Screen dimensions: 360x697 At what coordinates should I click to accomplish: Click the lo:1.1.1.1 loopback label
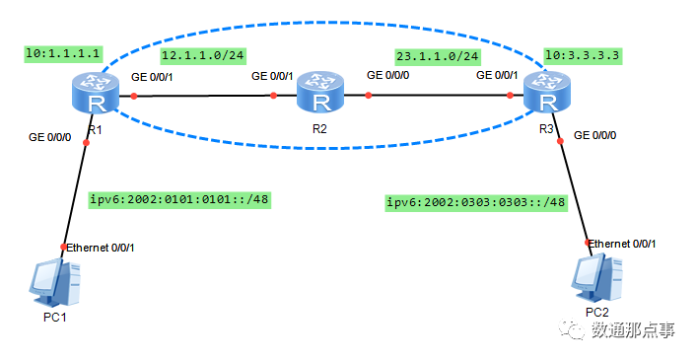coord(65,53)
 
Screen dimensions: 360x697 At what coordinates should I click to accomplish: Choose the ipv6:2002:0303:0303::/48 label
coord(477,202)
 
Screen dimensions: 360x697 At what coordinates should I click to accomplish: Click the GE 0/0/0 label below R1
coord(50,137)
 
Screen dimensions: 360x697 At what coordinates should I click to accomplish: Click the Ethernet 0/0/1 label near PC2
coord(622,243)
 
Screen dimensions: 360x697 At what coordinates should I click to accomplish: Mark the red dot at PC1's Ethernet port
coord(64,247)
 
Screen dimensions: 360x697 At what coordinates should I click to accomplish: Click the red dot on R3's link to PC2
coord(561,141)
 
